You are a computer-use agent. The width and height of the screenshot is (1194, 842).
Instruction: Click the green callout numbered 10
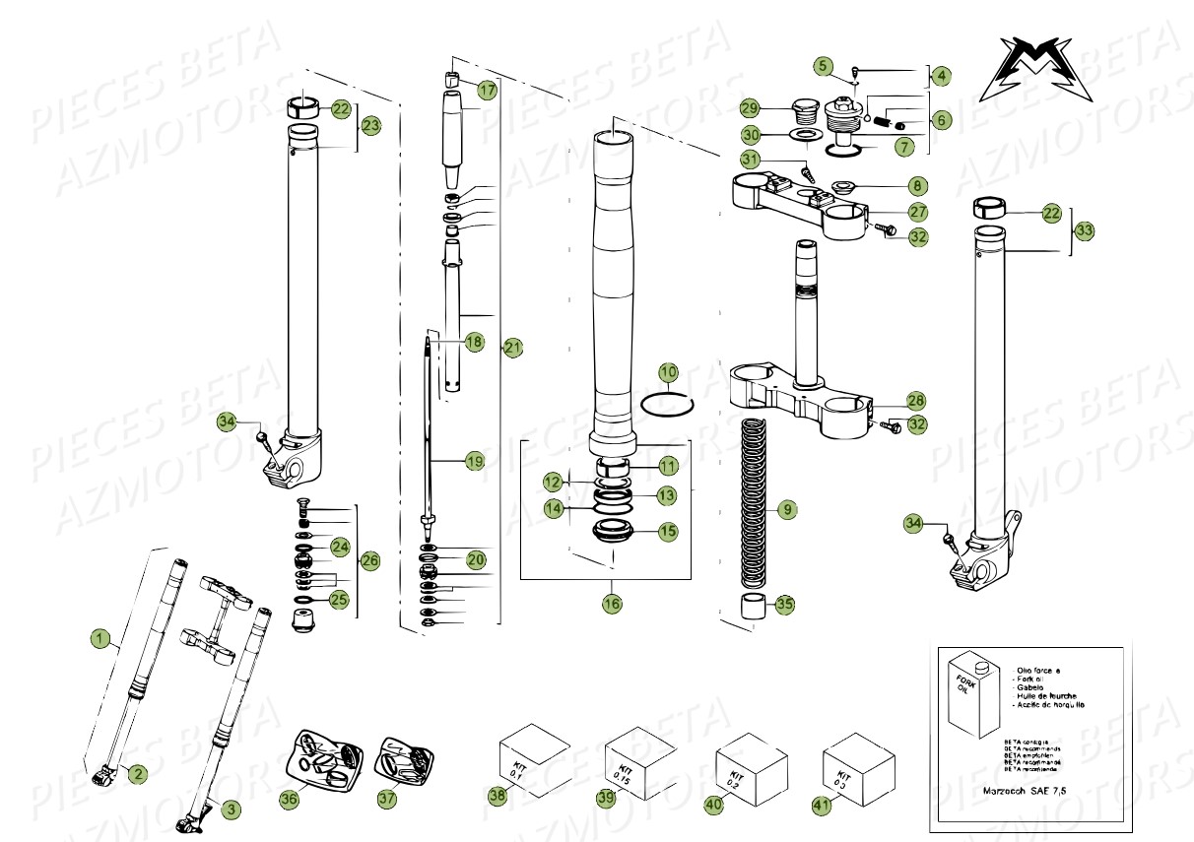pyautogui.click(x=669, y=372)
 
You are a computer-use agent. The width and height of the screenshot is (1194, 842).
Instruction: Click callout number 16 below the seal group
pyautogui.click(x=613, y=604)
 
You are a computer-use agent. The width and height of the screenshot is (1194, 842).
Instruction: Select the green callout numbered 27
pyautogui.click(x=918, y=212)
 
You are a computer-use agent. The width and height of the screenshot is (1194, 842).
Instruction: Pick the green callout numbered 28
pyautogui.click(x=916, y=401)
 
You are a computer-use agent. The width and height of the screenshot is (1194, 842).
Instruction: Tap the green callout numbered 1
pyautogui.click(x=99, y=639)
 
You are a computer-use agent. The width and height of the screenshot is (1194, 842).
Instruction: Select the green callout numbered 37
pyautogui.click(x=387, y=800)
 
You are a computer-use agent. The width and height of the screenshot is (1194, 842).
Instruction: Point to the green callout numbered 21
pyautogui.click(x=512, y=347)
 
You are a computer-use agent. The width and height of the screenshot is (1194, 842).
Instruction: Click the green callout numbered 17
pyautogui.click(x=487, y=90)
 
